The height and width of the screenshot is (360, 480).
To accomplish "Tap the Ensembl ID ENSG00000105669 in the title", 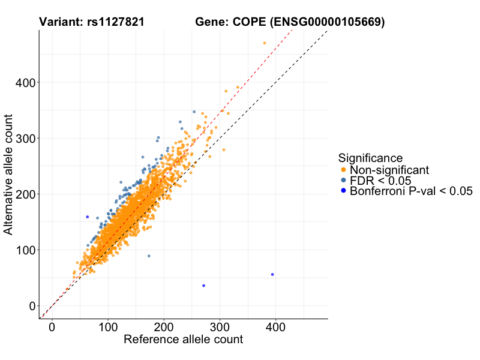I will point(327,22).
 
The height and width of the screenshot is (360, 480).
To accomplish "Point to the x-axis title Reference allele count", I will point(183,340).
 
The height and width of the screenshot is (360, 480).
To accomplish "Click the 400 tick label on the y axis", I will point(22,82).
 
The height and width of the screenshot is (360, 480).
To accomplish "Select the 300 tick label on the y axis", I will point(22,138).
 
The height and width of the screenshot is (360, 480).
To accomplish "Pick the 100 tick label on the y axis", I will point(22,250).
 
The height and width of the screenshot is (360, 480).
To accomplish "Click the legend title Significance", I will point(370,158).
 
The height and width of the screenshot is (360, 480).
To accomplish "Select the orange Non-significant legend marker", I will point(343,170).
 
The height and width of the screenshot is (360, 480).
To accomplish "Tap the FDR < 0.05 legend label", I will point(381,181).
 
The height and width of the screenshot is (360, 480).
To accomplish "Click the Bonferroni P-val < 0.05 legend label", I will point(412,191).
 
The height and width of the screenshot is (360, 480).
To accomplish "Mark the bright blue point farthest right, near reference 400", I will point(272,274).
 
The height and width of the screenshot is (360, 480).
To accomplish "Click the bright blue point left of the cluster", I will point(87,217).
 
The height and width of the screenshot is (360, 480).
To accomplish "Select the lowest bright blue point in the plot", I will point(203,286).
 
